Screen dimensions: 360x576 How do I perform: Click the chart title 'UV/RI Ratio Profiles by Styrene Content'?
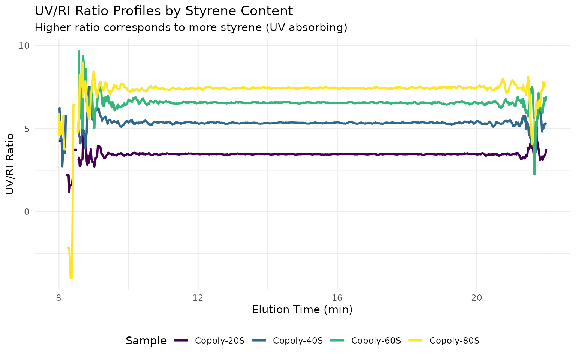pyautogui.click(x=163, y=11)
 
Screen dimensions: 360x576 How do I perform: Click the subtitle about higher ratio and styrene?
pyautogui.click(x=191, y=28)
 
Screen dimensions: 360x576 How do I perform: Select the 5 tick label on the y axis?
pyautogui.click(x=26, y=129)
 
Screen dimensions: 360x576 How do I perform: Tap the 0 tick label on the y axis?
pyautogui.click(x=26, y=212)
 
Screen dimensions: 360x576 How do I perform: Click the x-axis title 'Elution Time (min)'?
pyautogui.click(x=302, y=310)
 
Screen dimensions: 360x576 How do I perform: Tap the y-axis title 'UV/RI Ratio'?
pyautogui.click(x=10, y=164)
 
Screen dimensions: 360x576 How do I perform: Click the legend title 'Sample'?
pyautogui.click(x=146, y=341)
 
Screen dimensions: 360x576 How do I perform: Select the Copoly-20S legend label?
pyautogui.click(x=220, y=341)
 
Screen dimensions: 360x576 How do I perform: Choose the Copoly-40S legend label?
pyautogui.click(x=298, y=341)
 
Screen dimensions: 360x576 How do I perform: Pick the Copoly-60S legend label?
pyautogui.click(x=376, y=341)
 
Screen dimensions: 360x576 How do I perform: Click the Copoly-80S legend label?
pyautogui.click(x=454, y=341)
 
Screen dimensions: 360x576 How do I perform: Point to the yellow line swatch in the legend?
pyautogui.click(x=415, y=341)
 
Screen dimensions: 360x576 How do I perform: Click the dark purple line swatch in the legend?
pyautogui.click(x=181, y=341)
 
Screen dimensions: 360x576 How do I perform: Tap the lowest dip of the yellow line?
pyautogui.click(x=71, y=278)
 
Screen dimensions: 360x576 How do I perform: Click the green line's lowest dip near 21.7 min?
pyautogui.click(x=534, y=174)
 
